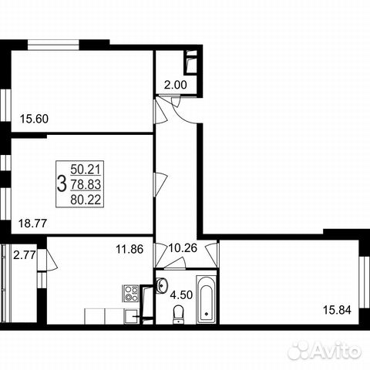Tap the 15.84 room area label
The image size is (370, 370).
click(x=335, y=311)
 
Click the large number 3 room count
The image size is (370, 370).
click(x=61, y=183)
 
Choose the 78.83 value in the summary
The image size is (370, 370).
click(x=86, y=183)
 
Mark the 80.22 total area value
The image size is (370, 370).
click(x=86, y=198)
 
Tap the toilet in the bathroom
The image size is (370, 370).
click(x=179, y=314)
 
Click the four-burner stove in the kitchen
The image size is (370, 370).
click(x=130, y=293)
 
